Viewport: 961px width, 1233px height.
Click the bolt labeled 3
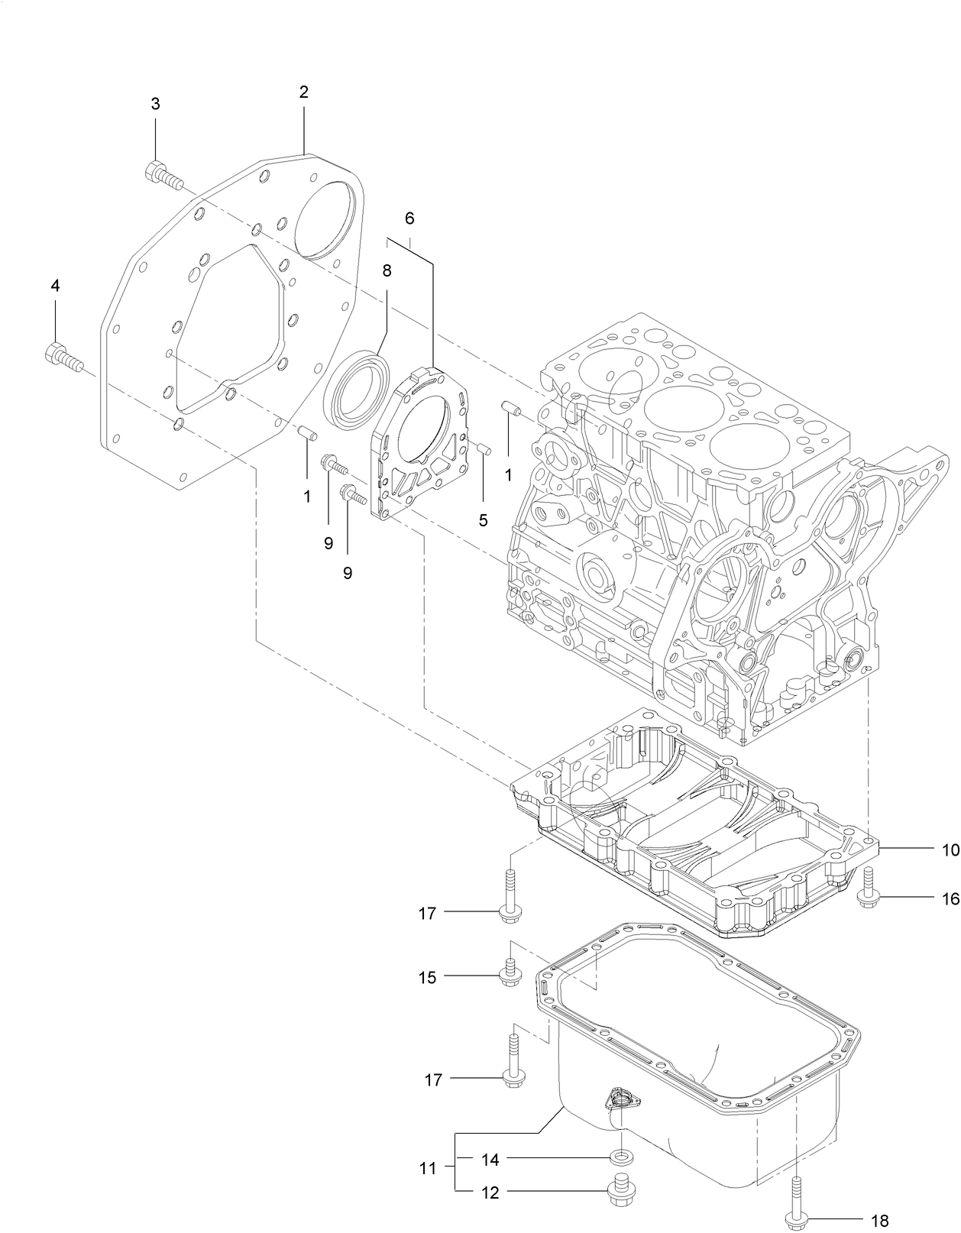coord(162,176)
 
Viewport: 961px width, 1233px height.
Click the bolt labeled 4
coord(63,357)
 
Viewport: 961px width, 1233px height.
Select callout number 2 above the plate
coord(303,92)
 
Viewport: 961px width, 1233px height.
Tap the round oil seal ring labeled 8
coord(353,387)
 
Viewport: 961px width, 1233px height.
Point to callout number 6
coord(409,218)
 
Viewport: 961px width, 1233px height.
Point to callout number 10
coord(950,850)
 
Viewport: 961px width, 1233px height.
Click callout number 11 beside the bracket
coord(427,1168)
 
